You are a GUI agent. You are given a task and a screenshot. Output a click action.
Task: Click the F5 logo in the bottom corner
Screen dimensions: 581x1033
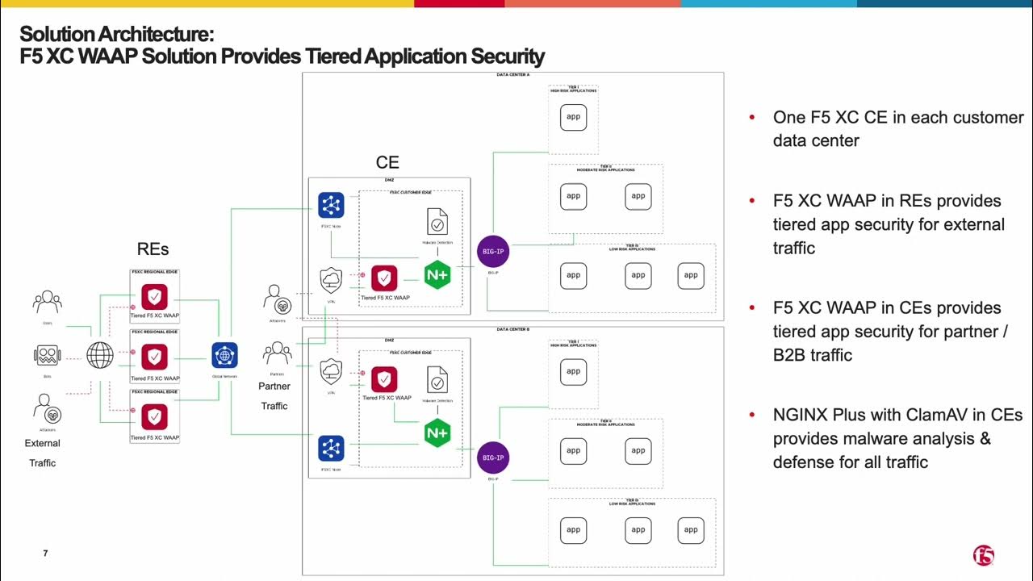tap(983, 555)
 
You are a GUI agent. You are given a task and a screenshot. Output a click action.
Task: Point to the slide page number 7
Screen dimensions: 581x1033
tap(45, 553)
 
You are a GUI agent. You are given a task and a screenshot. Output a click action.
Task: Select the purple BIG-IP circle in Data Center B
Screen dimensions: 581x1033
tap(492, 458)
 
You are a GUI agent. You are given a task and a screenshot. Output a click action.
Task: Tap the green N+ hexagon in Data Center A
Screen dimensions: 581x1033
tap(437, 275)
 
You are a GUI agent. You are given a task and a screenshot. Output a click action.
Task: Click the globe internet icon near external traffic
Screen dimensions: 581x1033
tap(100, 354)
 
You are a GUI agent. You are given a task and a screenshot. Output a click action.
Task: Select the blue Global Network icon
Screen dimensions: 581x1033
tap(224, 355)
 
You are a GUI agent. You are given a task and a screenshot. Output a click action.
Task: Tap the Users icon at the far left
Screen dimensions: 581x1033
tap(48, 303)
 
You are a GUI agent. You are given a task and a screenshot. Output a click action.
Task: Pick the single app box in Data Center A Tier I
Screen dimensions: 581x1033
tap(573, 117)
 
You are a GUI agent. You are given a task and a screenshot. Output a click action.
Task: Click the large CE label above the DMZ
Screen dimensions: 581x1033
tap(387, 163)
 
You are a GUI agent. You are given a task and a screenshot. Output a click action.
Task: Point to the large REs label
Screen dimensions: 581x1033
tap(153, 249)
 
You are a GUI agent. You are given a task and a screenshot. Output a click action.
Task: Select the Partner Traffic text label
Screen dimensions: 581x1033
tap(274, 395)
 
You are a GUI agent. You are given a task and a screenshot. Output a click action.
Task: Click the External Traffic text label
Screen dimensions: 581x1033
tap(43, 453)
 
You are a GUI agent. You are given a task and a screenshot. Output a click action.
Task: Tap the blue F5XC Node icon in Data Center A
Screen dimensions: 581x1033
tap(331, 206)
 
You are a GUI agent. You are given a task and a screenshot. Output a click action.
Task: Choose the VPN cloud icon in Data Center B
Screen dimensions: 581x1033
tap(331, 372)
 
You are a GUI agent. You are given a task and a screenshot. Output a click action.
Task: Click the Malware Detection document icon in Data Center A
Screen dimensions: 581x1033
tap(437, 222)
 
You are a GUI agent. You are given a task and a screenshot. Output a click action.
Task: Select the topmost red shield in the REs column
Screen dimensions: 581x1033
tap(154, 297)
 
